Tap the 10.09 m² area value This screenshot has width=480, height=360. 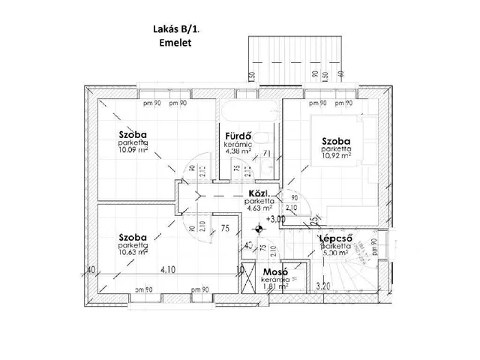[132, 149]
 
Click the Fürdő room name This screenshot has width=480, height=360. [237, 136]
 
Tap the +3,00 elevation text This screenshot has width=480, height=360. [276, 220]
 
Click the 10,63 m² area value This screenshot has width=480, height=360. [133, 253]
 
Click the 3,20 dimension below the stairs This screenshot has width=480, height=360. [322, 286]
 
